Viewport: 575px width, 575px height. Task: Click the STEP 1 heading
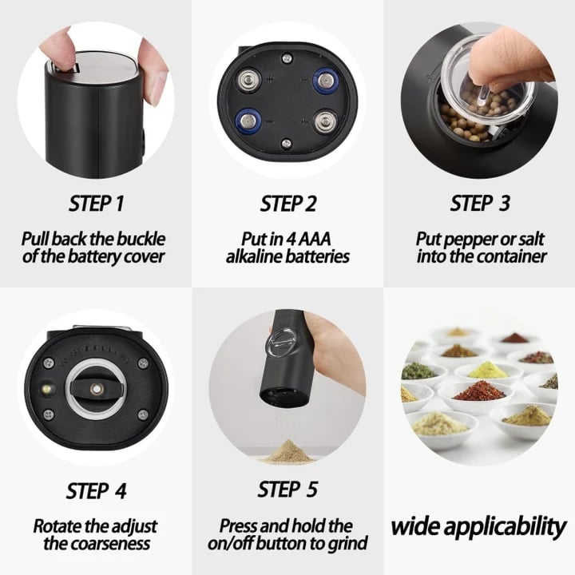point(96,204)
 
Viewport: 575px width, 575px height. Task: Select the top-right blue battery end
point(324,80)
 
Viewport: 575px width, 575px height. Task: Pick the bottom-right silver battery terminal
point(324,121)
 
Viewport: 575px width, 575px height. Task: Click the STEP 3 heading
point(479,204)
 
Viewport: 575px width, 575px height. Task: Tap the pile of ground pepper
point(288,453)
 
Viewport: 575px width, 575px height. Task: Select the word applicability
point(507,527)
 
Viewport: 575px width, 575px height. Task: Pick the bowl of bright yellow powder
point(487,370)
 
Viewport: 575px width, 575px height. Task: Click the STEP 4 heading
point(96,490)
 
